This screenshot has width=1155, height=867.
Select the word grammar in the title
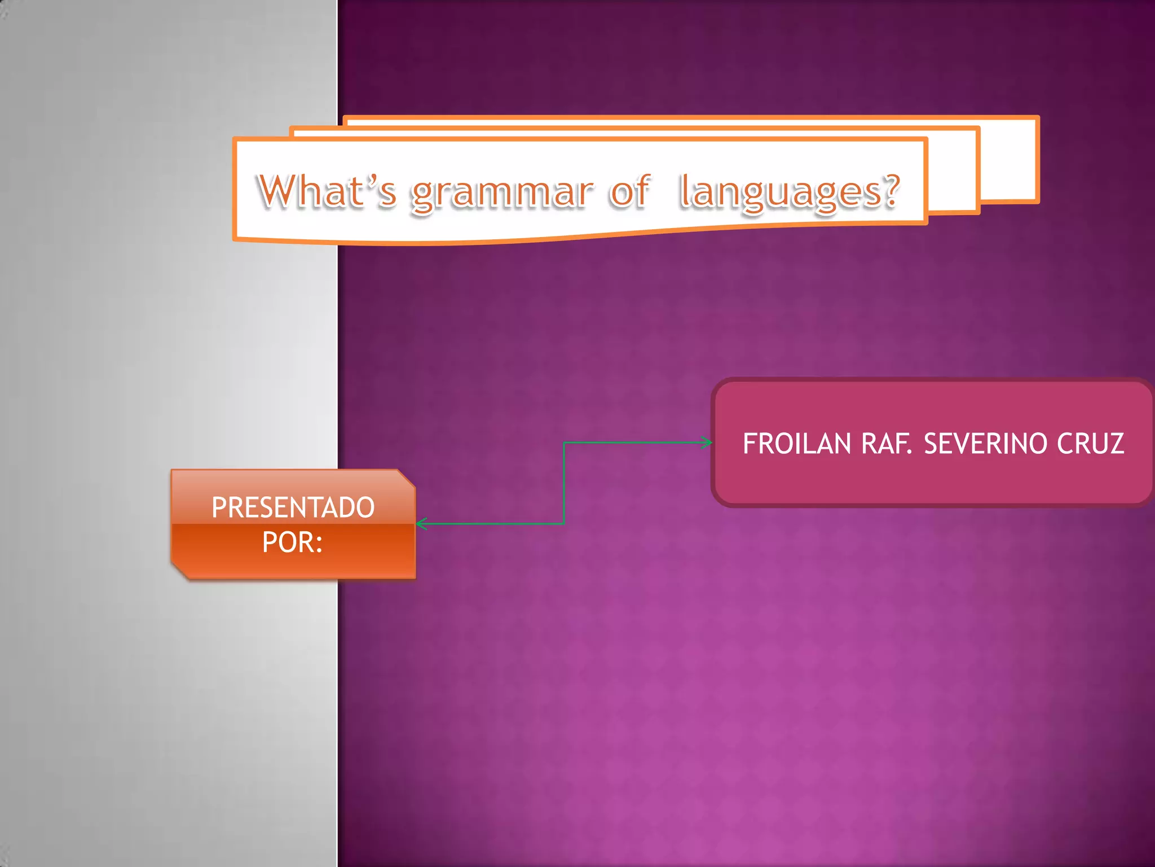(x=502, y=193)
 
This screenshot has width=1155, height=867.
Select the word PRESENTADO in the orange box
(x=293, y=507)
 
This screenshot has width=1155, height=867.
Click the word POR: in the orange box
(x=292, y=542)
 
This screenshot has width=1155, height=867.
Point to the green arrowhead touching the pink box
(x=707, y=443)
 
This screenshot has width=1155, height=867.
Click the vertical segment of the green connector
(x=564, y=483)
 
